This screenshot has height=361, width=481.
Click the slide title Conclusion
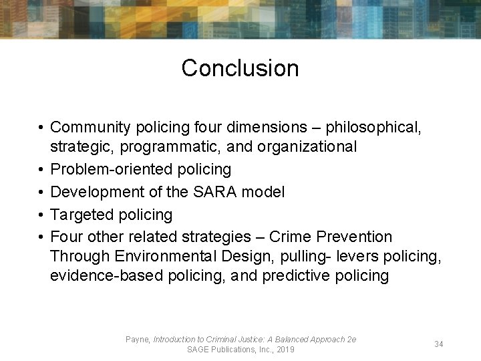point(240,68)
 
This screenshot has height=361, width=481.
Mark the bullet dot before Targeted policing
point(41,215)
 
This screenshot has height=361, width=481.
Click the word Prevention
point(354,237)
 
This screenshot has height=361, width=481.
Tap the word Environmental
point(162,256)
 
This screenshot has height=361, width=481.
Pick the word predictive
point(295,276)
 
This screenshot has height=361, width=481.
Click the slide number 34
point(439,344)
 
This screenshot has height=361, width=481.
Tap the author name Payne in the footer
point(138,340)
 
